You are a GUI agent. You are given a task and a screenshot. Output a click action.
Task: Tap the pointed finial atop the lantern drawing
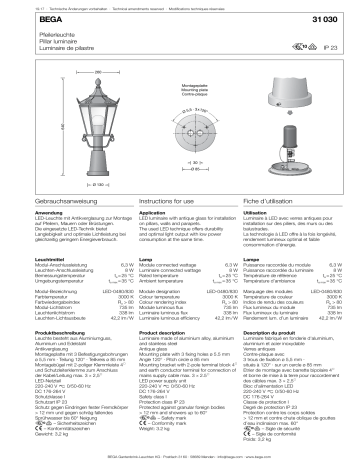[70, 83]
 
